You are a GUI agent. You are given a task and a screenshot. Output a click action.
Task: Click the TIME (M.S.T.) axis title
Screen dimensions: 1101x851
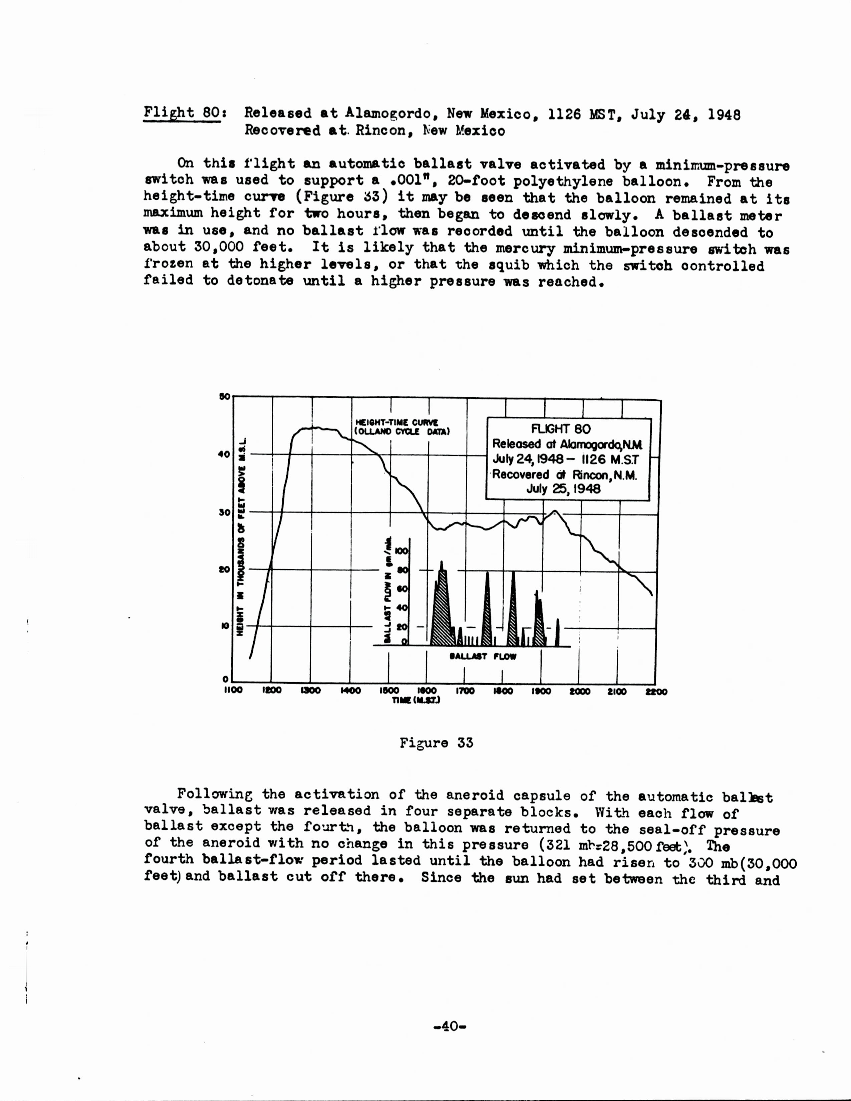click(416, 701)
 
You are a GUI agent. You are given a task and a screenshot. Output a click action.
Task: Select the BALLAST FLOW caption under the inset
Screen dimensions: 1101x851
click(483, 656)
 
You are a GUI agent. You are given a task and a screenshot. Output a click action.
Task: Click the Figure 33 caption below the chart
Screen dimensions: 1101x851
click(437, 743)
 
